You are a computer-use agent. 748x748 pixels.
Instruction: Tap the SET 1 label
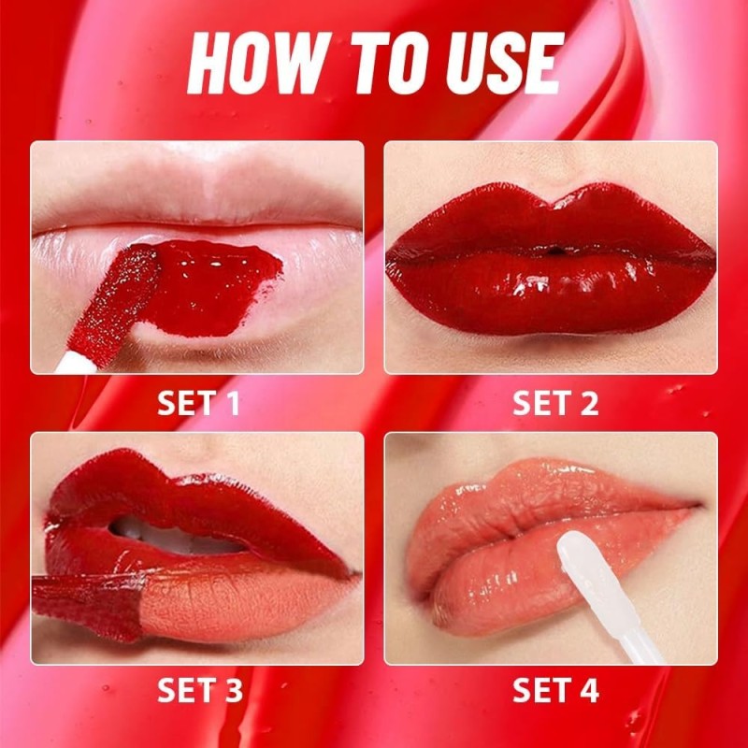point(198,404)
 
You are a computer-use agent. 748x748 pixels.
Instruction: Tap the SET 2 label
point(555,404)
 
